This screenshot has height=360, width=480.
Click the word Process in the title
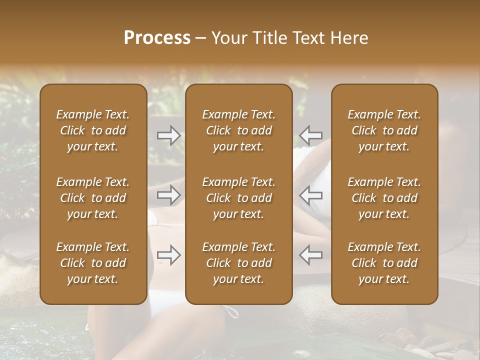click(157, 38)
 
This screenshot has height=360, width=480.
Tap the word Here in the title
click(349, 38)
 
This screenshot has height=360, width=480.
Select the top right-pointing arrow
click(168, 135)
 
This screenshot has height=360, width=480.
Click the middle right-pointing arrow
click(168, 195)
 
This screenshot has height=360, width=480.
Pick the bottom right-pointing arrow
click(168, 254)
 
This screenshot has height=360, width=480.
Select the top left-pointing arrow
click(311, 135)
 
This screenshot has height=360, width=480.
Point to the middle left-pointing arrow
click(311, 195)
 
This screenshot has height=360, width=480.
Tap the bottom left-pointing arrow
click(311, 254)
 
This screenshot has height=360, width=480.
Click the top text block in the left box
click(93, 130)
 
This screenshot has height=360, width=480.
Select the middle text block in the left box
click(93, 198)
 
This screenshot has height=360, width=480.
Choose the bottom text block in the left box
click(93, 263)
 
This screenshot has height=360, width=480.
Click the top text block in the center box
click(239, 130)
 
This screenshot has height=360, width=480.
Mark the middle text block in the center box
click(239, 198)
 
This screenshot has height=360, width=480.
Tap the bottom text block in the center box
click(239, 263)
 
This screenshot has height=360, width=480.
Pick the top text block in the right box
click(384, 130)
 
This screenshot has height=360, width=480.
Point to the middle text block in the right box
click(384, 198)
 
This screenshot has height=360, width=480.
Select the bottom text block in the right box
click(384, 263)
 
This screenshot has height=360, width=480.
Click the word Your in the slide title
click(227, 38)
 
